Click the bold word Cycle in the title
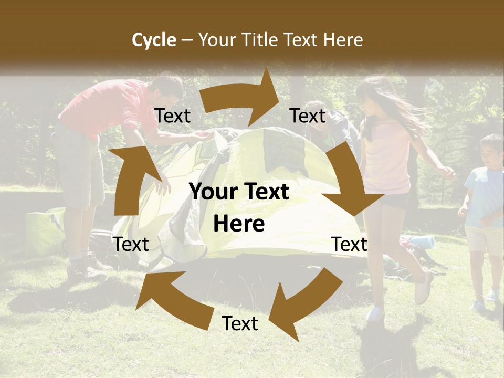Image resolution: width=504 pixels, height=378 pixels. coord(154,40)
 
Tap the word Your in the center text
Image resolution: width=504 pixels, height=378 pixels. coord(213,192)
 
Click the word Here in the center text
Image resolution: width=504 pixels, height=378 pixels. coord(239,224)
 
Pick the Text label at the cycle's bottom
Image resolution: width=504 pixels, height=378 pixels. coord(240,324)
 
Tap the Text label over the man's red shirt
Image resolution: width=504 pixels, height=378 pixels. coord(173,116)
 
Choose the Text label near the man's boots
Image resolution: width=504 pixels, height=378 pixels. coord(131,244)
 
